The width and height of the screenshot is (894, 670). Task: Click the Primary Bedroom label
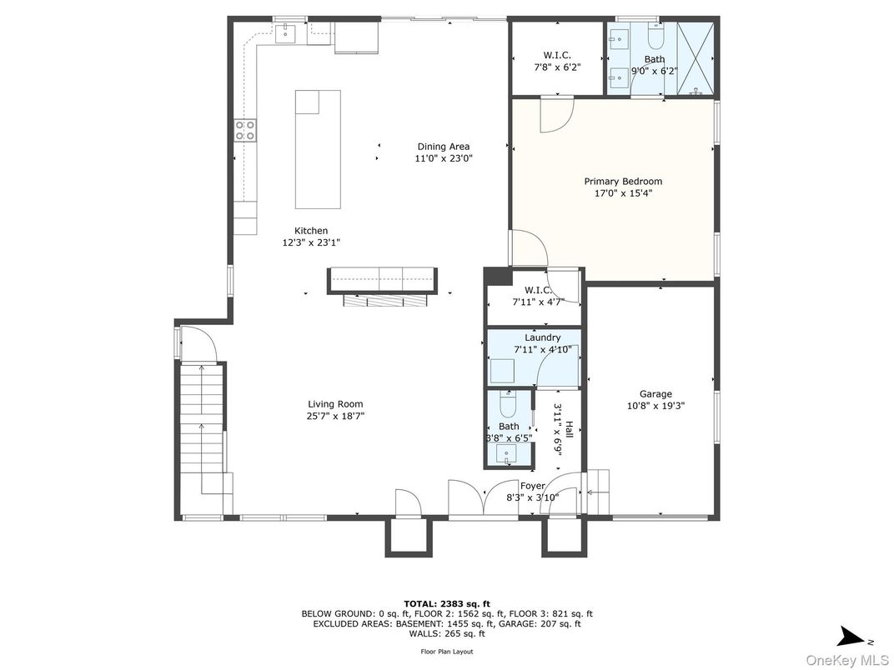coord(623,181)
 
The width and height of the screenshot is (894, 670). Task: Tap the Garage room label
coord(655,394)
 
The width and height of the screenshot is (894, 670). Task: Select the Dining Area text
coord(444,147)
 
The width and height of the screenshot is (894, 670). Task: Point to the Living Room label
coord(335,404)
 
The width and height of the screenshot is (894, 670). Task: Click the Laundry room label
coord(542,337)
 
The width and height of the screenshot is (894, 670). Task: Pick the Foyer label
coord(532,486)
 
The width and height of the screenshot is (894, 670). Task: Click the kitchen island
coord(318,149)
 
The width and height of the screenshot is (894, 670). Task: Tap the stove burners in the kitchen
coord(245,129)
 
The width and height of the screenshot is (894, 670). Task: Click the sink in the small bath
coord(506,454)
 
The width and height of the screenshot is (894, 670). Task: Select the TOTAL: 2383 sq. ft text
coord(446,602)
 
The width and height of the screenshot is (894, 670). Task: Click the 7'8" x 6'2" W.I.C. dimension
coord(556,67)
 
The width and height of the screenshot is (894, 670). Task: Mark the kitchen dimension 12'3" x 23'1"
coord(311,242)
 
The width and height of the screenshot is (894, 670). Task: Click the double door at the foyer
coord(483,498)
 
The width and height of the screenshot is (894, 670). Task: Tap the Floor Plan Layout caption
coord(446,652)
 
